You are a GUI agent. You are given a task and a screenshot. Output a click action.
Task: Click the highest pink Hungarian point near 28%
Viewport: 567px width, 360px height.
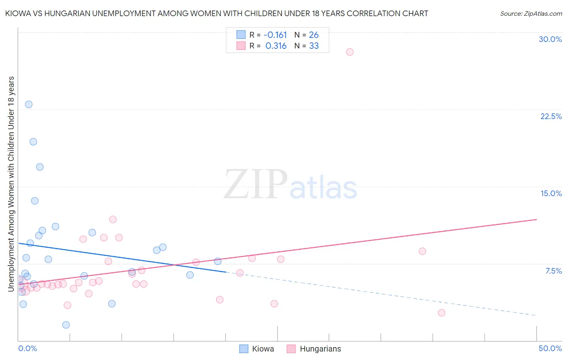click(350, 52)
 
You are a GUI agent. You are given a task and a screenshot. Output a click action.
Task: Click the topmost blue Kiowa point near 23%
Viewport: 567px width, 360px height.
click(29, 105)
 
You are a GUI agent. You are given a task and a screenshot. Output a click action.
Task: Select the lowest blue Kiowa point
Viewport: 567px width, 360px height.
click(66, 325)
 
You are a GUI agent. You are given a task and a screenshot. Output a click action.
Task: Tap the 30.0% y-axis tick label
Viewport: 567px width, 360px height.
click(550, 39)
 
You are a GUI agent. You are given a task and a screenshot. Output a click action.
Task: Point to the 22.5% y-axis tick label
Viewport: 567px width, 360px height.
click(551, 116)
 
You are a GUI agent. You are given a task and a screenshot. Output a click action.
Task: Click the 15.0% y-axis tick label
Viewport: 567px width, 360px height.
click(551, 193)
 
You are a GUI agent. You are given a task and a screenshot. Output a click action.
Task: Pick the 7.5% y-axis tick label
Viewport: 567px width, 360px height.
click(553, 271)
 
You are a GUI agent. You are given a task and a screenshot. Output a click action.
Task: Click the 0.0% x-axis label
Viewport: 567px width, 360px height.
click(27, 348)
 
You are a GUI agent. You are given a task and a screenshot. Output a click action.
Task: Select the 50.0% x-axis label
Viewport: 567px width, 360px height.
click(550, 348)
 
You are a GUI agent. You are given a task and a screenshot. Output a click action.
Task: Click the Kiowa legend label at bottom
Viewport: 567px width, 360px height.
click(263, 349)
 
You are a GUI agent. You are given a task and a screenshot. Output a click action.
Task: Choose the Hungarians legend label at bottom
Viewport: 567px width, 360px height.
click(320, 349)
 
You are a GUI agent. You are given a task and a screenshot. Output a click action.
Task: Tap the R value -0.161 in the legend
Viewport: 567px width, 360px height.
click(275, 35)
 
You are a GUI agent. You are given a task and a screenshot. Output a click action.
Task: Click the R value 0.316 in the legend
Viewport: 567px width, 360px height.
click(276, 46)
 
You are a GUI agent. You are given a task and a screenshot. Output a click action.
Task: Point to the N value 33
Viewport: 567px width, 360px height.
click(314, 46)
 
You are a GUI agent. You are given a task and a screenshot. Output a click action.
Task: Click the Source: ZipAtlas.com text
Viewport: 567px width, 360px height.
click(531, 14)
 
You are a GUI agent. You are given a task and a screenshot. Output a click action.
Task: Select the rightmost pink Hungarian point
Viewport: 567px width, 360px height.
click(442, 313)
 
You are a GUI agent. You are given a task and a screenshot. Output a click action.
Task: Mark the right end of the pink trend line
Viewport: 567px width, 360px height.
click(537, 220)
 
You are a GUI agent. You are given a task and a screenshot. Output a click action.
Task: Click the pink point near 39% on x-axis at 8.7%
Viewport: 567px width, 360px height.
click(422, 251)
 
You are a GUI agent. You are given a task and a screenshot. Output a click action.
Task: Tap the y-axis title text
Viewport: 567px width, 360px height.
click(11, 184)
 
